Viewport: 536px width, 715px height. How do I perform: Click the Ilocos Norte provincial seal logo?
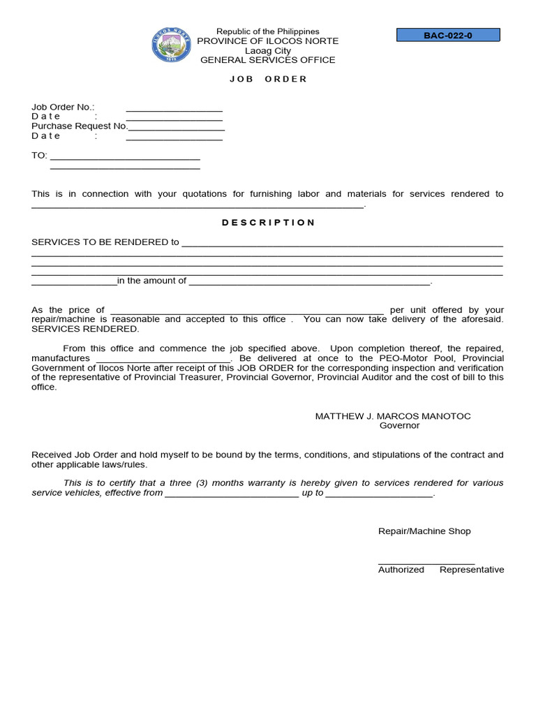(170, 45)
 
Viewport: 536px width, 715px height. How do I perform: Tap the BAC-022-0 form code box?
(448, 35)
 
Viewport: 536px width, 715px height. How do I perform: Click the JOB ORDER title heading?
(268, 79)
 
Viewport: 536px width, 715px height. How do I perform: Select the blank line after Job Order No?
(174, 109)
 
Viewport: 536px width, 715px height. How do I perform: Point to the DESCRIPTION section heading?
(268, 223)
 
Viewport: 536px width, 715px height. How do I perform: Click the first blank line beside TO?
(125, 158)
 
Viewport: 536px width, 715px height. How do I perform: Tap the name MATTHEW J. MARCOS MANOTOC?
(393, 416)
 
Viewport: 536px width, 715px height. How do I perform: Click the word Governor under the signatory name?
(399, 425)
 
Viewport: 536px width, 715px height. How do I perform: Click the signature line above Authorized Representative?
(426, 562)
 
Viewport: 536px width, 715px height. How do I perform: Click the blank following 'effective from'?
(232, 495)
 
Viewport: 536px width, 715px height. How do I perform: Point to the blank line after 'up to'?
(379, 495)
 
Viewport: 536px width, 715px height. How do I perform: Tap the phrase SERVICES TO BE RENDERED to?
(105, 242)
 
